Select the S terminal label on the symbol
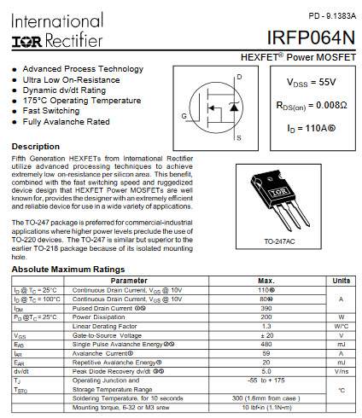click(x=238, y=137)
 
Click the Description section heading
click(x=36, y=147)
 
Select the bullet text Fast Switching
click(x=51, y=111)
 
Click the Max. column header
click(x=266, y=280)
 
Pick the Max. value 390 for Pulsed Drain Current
click(x=266, y=307)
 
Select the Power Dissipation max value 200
click(x=266, y=316)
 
